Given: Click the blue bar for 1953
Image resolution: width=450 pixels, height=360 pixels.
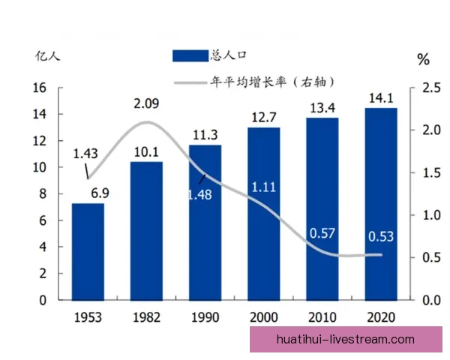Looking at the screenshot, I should pos(88,251).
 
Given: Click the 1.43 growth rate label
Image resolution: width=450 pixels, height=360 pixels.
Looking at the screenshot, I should pos(86,154).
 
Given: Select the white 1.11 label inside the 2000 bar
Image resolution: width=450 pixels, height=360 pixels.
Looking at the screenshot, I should pos(262,187).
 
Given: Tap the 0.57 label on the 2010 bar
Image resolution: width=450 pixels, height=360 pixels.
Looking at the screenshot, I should pos(322,234).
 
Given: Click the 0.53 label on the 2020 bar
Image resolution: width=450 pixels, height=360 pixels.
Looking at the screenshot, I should pos(380,237).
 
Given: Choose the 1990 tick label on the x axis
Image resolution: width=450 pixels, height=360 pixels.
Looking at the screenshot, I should pos(205,316).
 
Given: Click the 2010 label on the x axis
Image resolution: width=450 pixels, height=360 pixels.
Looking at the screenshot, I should pos(322,316).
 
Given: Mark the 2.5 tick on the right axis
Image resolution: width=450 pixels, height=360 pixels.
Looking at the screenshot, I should pos(430,88).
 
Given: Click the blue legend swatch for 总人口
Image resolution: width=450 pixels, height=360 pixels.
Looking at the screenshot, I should pos(192,55).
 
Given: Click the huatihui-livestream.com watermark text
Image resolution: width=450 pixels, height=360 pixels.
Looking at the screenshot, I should pos(345,339).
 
